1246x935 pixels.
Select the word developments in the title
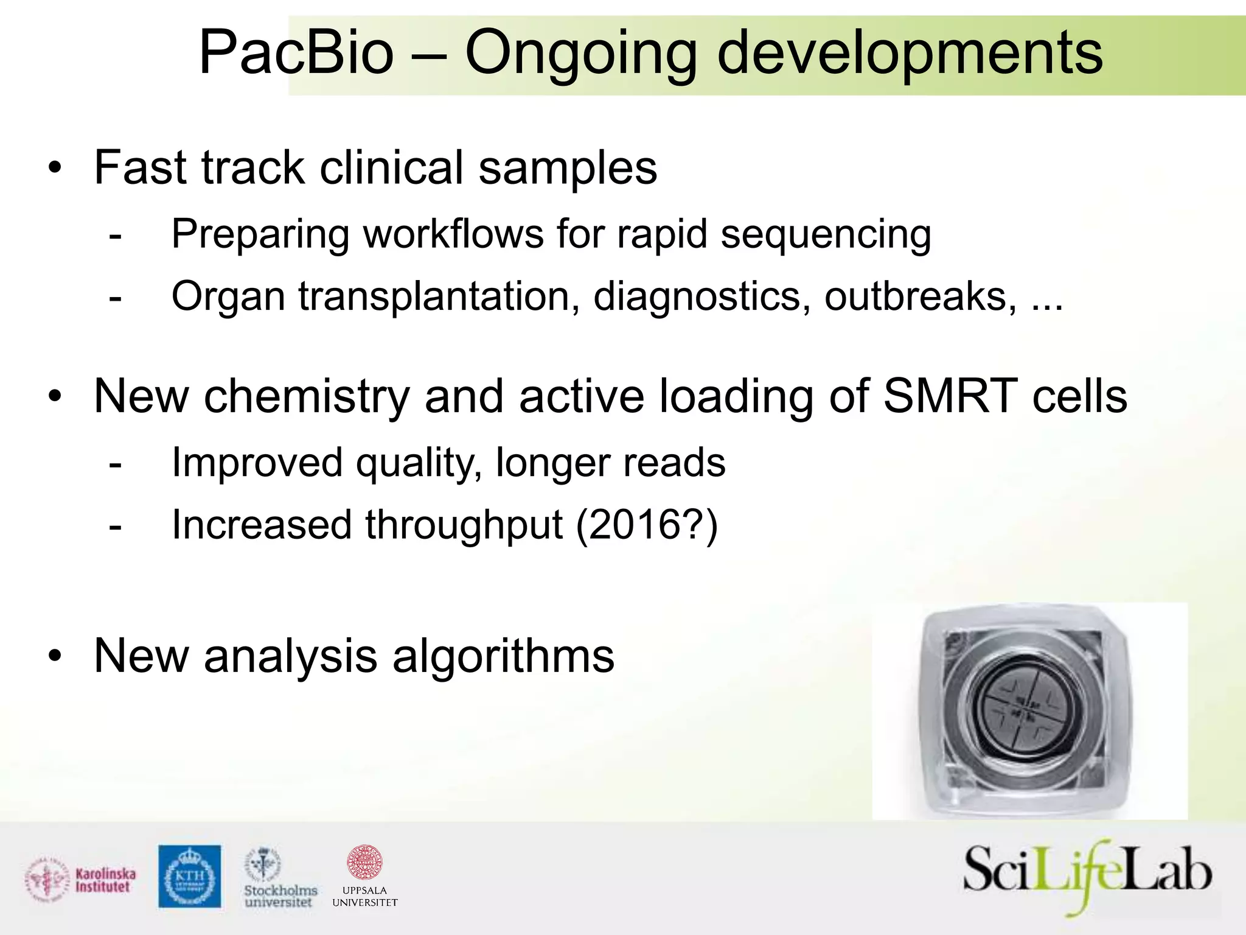coord(910,55)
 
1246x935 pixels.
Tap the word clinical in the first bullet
coord(391,167)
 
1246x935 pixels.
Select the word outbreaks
coord(920,297)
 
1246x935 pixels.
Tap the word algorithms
coord(503,656)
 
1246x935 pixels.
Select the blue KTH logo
coord(190,876)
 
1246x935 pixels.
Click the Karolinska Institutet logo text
coord(105,880)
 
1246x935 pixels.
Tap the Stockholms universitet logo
coord(279,879)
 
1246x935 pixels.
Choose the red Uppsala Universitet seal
coord(364,863)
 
